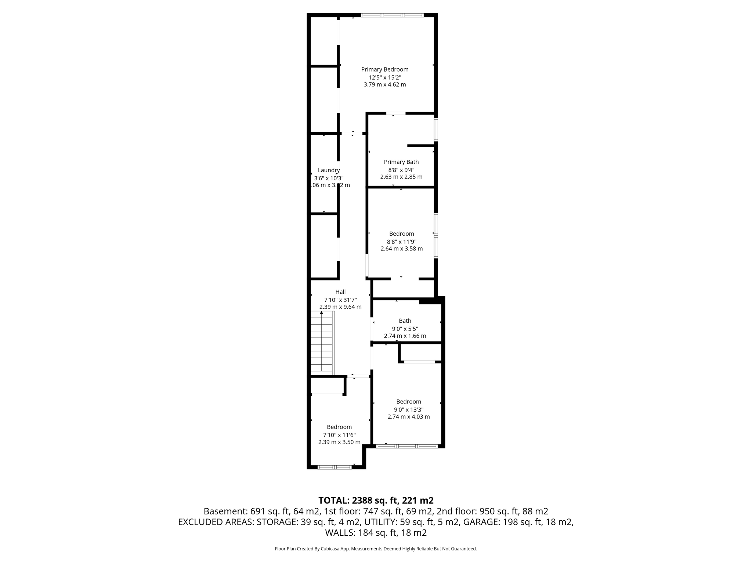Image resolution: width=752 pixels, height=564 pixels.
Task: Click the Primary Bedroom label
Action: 384,69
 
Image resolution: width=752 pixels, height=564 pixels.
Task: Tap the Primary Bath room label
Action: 401,162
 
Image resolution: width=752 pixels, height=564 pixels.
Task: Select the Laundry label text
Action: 329,170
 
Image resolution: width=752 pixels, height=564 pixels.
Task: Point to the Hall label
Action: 340,292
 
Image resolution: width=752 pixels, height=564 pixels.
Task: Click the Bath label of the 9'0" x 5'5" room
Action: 405,321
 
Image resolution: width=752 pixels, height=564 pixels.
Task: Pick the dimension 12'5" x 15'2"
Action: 384,77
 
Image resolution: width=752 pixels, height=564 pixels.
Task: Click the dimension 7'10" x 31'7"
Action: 340,300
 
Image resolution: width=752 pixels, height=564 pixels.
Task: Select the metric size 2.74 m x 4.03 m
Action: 408,417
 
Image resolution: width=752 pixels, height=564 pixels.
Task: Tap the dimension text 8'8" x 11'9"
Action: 401,242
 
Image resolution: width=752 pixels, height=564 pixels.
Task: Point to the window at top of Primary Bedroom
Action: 392,15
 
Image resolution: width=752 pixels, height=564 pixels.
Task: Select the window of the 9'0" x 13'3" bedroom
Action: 407,446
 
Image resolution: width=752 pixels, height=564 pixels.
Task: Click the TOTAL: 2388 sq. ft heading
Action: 376,500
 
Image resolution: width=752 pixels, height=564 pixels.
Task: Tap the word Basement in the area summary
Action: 225,511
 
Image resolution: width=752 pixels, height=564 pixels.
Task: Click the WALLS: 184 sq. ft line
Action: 376,532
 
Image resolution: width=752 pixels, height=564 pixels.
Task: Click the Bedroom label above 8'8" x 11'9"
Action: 401,234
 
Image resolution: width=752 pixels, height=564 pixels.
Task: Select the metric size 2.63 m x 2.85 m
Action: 401,177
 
